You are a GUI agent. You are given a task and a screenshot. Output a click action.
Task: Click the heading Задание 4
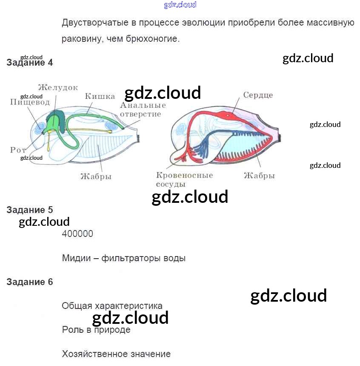[30, 63]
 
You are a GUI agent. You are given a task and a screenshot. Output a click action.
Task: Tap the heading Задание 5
[30, 210]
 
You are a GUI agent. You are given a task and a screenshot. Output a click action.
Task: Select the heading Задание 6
[30, 282]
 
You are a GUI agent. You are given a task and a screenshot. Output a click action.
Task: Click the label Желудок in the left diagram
[58, 88]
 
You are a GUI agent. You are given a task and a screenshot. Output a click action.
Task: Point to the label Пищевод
[30, 102]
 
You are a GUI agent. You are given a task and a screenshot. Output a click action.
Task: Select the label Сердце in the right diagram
[258, 95]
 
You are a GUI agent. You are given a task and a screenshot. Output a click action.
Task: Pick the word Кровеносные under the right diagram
[184, 176]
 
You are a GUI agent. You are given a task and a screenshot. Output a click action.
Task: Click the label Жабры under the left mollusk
[96, 176]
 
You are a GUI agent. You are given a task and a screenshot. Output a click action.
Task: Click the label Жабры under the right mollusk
[259, 176]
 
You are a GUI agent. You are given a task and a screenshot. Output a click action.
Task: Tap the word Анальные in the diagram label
[143, 106]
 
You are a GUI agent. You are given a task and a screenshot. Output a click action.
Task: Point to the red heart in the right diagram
[228, 115]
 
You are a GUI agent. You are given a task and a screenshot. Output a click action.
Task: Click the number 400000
[77, 234]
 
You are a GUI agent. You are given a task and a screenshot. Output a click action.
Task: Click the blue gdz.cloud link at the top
[180, 5]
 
